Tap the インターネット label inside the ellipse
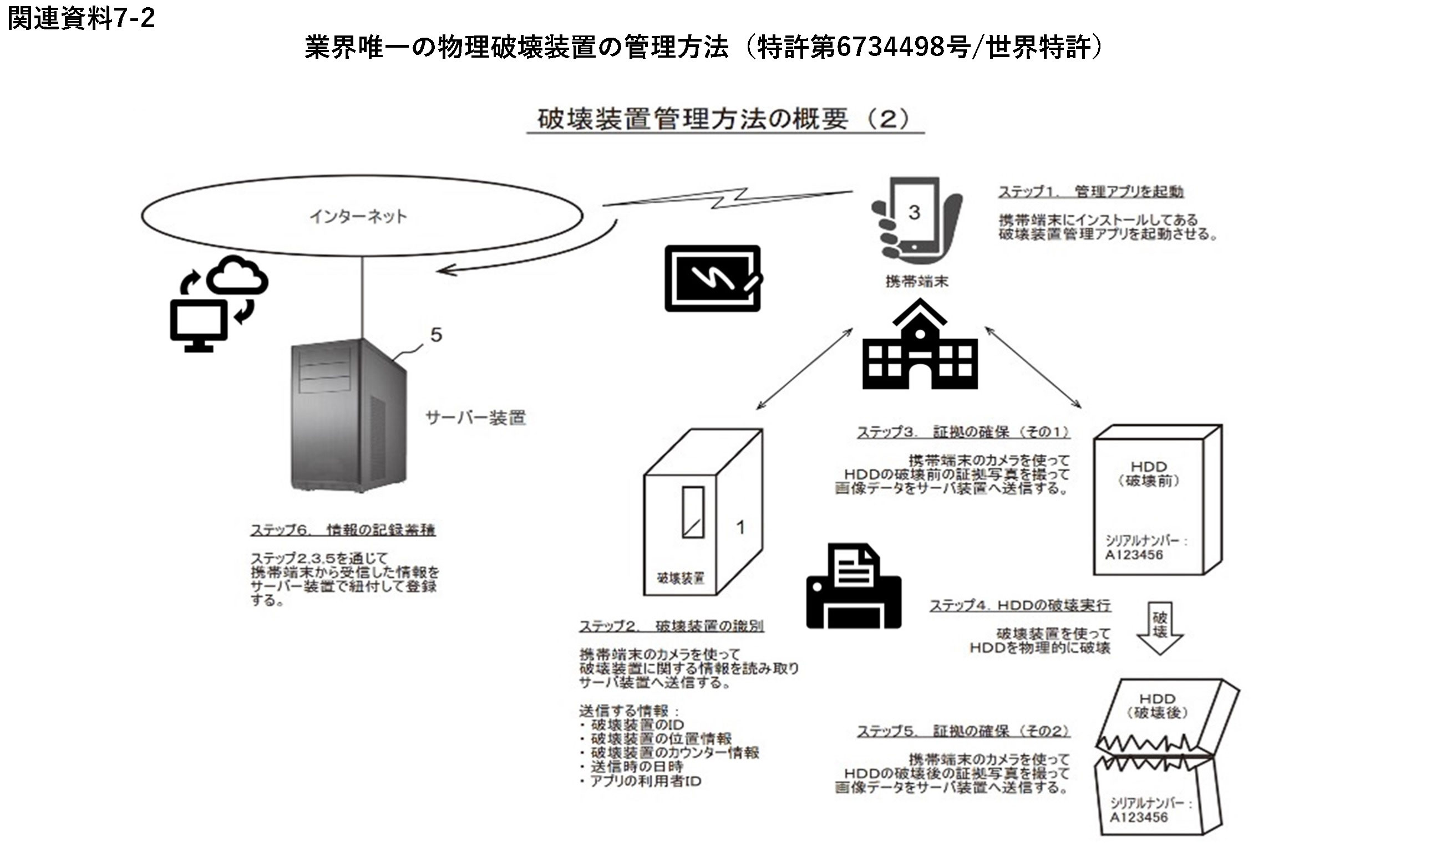pyautogui.click(x=358, y=216)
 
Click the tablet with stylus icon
pyautogui.click(x=713, y=278)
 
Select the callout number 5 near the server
pyautogui.click(x=436, y=334)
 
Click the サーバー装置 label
pyautogui.click(x=476, y=417)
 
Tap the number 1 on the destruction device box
pyautogui.click(x=740, y=527)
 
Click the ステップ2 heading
pyautogui.click(x=671, y=626)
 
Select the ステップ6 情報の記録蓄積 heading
pyautogui.click(x=343, y=530)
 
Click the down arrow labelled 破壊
pyautogui.click(x=1159, y=629)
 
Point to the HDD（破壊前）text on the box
pyautogui.click(x=1148, y=473)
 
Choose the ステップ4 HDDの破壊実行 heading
pyautogui.click(x=1020, y=605)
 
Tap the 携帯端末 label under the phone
pyautogui.click(x=917, y=282)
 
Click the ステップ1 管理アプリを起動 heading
pyautogui.click(x=1091, y=191)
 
